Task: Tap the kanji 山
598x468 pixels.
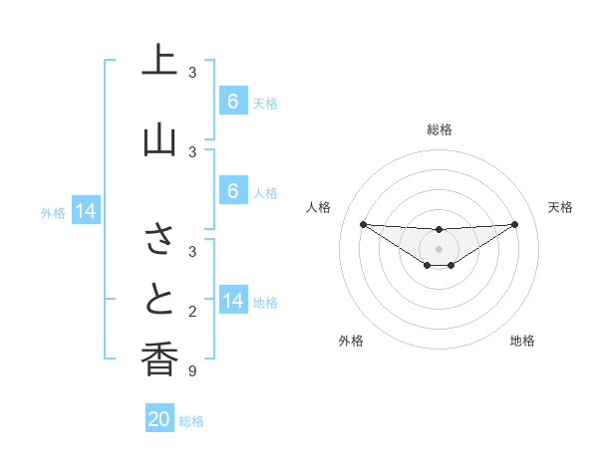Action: (x=159, y=138)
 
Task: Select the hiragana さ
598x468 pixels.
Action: (x=159, y=240)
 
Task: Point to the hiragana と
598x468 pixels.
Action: (x=159, y=299)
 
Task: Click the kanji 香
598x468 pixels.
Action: (x=159, y=359)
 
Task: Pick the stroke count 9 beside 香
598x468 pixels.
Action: (x=192, y=371)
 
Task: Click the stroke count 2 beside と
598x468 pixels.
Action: (x=192, y=312)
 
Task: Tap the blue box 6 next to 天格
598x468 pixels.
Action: (x=232, y=102)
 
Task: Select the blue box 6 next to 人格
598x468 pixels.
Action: (x=232, y=191)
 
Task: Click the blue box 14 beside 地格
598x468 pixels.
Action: (x=233, y=302)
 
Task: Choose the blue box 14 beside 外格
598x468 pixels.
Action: (x=86, y=211)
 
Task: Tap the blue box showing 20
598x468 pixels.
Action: (x=159, y=419)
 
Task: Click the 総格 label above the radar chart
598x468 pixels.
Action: (x=439, y=129)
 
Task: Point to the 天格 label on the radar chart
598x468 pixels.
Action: (x=560, y=207)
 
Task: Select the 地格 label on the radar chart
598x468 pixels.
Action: (x=522, y=341)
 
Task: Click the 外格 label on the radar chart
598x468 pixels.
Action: (x=351, y=341)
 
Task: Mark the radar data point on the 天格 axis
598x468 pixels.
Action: (x=514, y=224)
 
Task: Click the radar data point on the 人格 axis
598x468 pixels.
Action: (x=363, y=224)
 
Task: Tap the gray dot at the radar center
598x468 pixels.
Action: (x=439, y=249)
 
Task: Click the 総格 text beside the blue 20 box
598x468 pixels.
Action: (x=192, y=421)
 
